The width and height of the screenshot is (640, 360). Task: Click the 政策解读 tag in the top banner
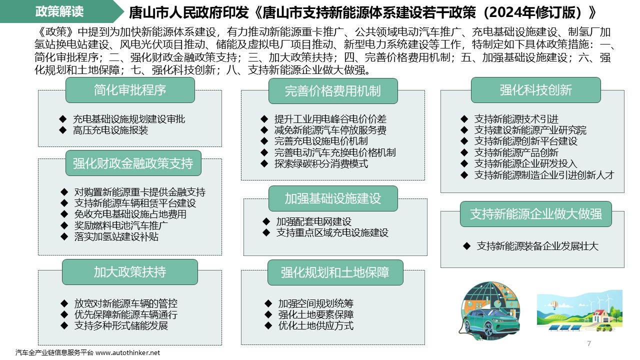[59, 11]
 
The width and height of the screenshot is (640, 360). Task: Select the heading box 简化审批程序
[130, 90]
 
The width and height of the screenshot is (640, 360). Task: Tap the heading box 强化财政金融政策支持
[133, 163]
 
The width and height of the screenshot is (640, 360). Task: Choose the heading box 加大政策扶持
[130, 271]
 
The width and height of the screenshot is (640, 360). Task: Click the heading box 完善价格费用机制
[333, 91]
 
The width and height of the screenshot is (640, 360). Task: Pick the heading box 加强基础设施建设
[333, 198]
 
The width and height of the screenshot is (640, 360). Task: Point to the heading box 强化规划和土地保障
[335, 272]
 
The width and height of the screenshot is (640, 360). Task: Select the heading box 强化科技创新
[535, 90]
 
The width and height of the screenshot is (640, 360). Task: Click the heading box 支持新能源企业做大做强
[535, 214]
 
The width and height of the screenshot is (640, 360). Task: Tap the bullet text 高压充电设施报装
[110, 130]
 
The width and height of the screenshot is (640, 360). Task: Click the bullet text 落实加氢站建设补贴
[116, 236]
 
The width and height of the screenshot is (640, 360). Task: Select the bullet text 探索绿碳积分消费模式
[321, 163]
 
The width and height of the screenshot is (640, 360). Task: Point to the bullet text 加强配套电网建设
[313, 221]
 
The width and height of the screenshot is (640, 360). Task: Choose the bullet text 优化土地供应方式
[316, 325]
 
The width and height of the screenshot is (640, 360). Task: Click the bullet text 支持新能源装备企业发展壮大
[537, 246]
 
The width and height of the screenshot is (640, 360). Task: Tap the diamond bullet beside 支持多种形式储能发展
[64, 325]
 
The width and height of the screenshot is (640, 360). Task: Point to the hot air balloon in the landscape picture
[554, 305]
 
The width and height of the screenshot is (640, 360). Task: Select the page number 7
[589, 343]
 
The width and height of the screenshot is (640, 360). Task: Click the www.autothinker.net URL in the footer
[127, 353]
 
